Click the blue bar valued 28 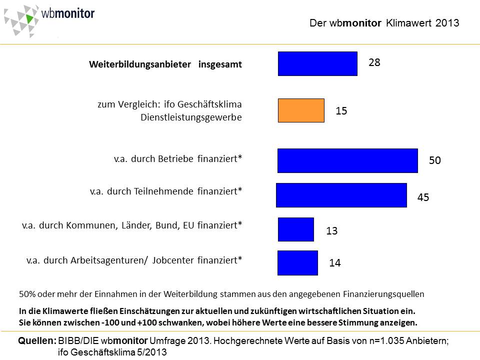click(317, 63)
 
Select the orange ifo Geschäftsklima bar click(301, 110)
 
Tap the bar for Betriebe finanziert click(347, 160)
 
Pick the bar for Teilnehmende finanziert click(341, 195)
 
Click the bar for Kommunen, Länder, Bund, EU click(296, 229)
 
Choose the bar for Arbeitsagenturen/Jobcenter click(298, 262)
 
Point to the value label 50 click(435, 160)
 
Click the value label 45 click(423, 198)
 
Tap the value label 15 click(341, 111)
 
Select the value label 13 click(332, 231)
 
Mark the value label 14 click(335, 263)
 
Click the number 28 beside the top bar click(374, 63)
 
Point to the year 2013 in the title click(447, 23)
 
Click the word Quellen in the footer click(36, 341)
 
